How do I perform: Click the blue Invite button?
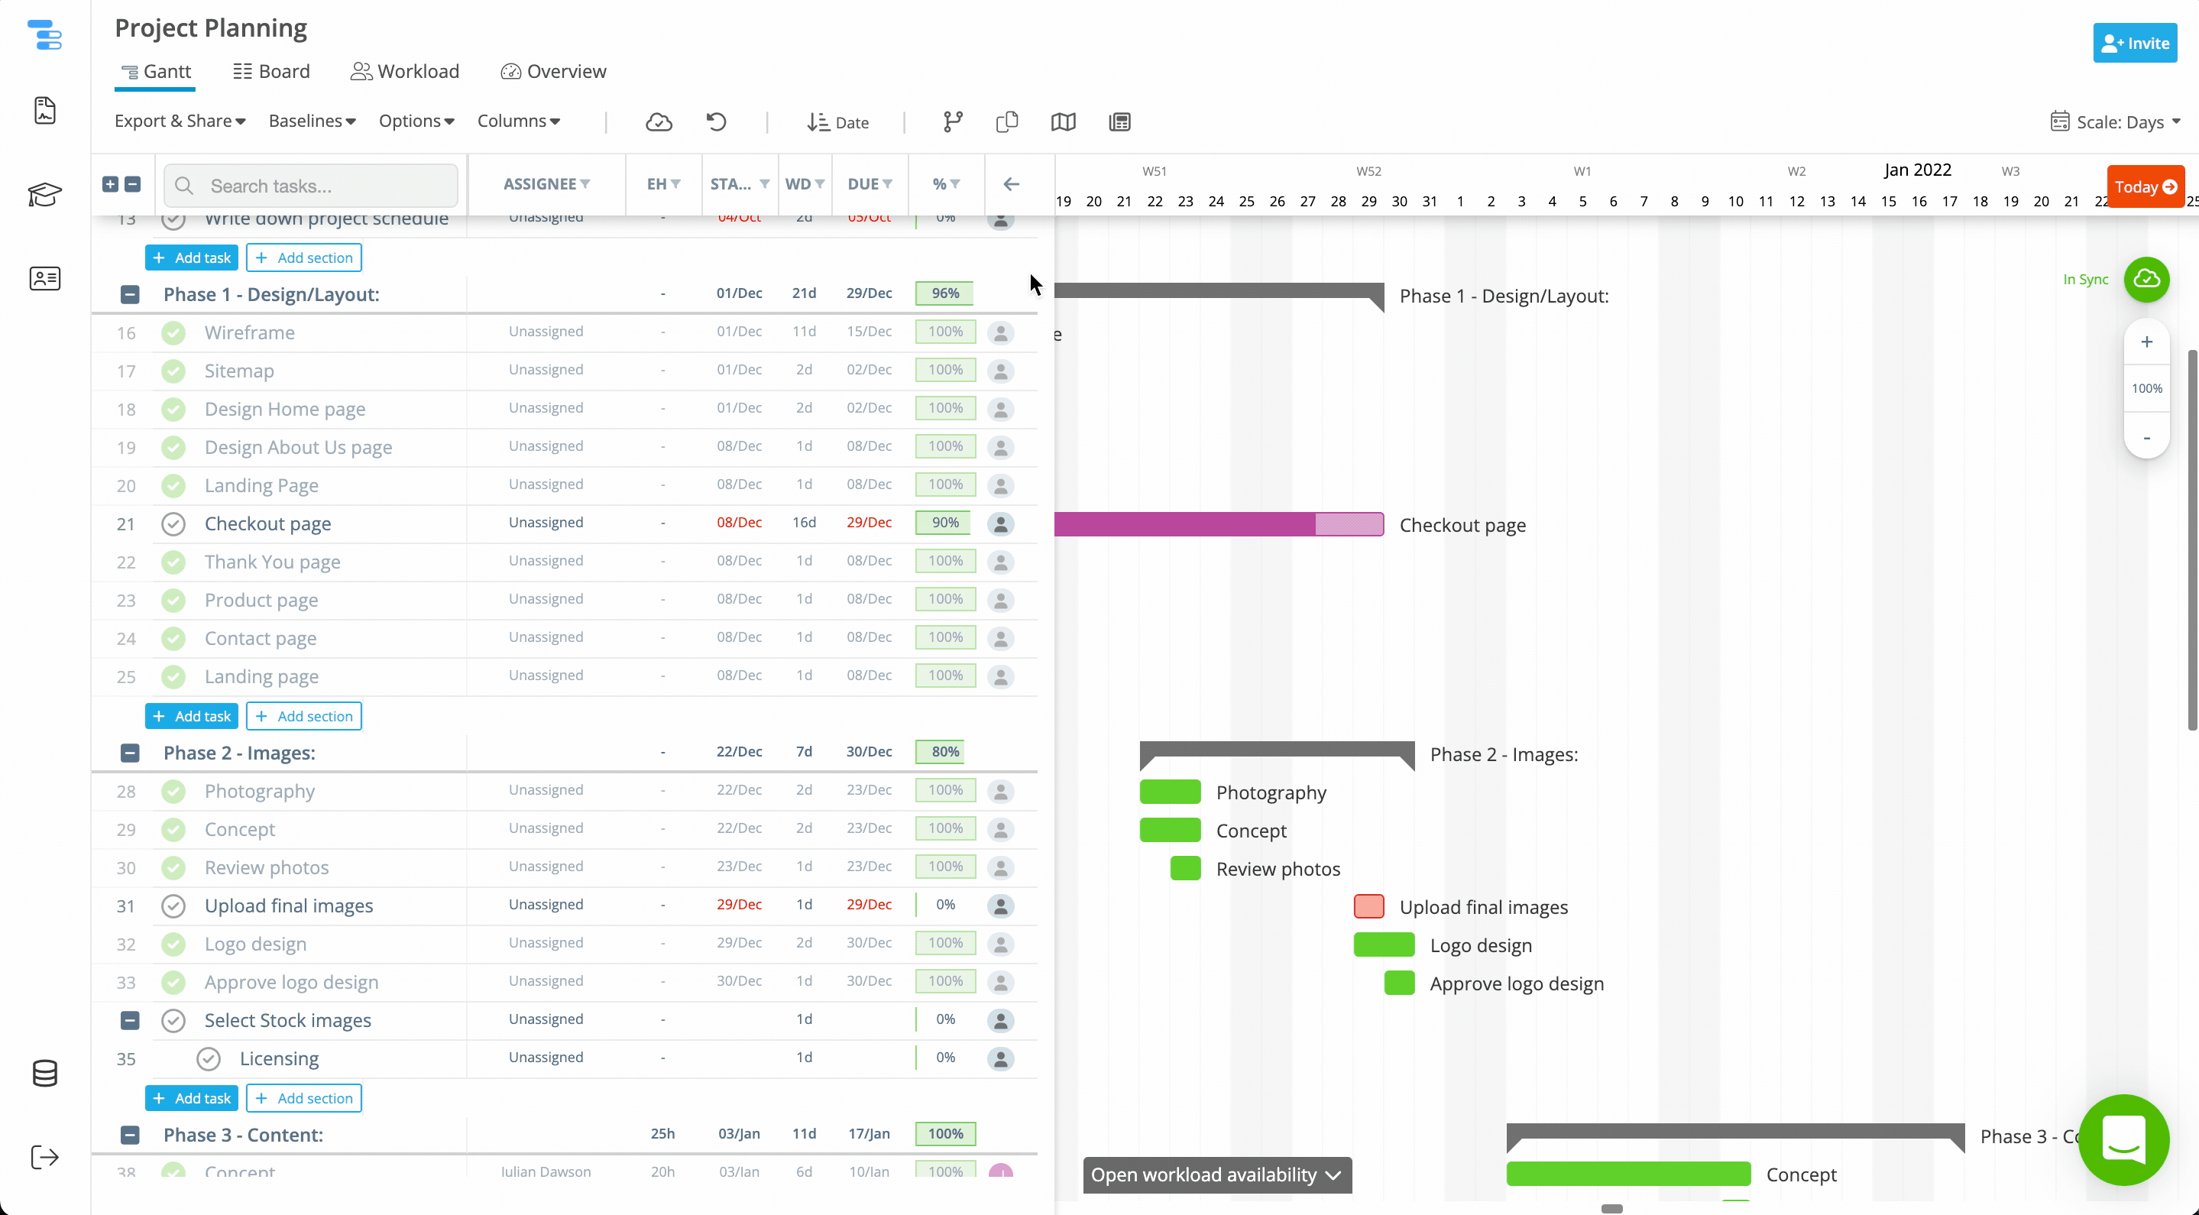tap(2134, 43)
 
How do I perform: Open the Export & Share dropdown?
tap(180, 122)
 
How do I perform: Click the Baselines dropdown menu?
tap(312, 122)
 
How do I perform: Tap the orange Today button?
tap(2144, 187)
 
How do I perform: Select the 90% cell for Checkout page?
tap(944, 523)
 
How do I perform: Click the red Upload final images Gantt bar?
tap(1368, 906)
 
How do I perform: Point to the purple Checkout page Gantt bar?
tap(1195, 524)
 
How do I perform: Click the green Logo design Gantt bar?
tap(1384, 944)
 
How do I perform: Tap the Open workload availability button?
tap(1216, 1174)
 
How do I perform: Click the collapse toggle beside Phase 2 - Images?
tap(130, 752)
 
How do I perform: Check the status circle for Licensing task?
tap(209, 1059)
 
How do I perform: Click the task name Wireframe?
tap(249, 332)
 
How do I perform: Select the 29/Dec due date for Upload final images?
tap(868, 904)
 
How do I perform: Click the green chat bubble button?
tap(2123, 1139)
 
